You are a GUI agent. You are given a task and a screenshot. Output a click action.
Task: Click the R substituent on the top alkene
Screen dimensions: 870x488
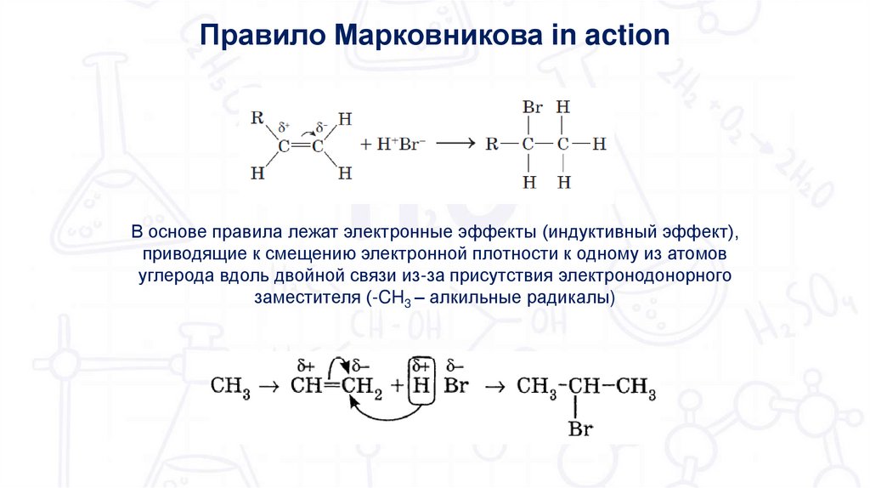click(x=257, y=117)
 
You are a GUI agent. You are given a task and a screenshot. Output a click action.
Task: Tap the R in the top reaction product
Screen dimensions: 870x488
click(x=491, y=144)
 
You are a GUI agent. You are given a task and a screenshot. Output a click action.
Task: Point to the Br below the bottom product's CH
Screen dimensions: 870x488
click(x=580, y=430)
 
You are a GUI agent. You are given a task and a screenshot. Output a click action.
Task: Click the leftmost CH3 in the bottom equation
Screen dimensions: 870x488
click(x=229, y=387)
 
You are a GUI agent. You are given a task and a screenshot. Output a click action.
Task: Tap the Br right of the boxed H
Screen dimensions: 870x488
click(x=456, y=386)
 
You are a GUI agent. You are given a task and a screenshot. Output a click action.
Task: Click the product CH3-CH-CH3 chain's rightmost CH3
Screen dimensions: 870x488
click(x=636, y=387)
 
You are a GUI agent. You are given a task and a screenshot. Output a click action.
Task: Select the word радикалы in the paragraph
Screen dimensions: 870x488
click(x=566, y=298)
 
